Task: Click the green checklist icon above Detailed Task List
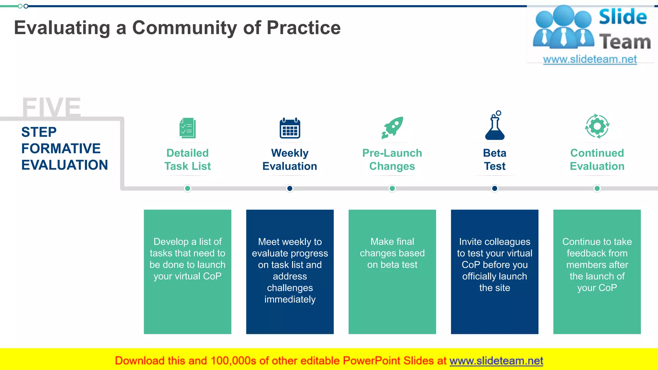188,128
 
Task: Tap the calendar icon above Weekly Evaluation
290,128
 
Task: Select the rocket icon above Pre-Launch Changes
392,128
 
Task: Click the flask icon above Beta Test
495,126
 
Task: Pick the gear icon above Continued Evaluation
597,126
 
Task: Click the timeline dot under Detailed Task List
188,189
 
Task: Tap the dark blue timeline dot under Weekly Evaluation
290,189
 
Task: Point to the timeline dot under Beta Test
495,189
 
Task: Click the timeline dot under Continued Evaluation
597,189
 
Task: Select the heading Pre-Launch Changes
392,160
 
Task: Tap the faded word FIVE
51,107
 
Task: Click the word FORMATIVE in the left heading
61,149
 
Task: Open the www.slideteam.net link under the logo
590,59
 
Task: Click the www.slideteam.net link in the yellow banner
496,361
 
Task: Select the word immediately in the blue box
290,299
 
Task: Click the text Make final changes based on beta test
392,253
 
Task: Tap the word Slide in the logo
623,17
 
